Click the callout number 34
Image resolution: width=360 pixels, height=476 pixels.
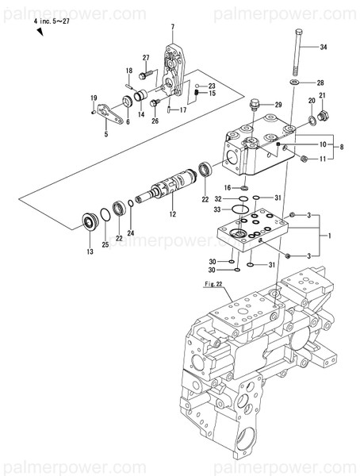point(323,48)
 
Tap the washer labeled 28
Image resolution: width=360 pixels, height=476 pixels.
point(295,83)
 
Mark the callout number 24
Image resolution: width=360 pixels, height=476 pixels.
point(131,232)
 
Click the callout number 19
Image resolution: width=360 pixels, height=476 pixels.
point(93,96)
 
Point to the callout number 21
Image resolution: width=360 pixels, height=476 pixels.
point(323,96)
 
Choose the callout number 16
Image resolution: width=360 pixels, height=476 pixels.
point(227,187)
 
